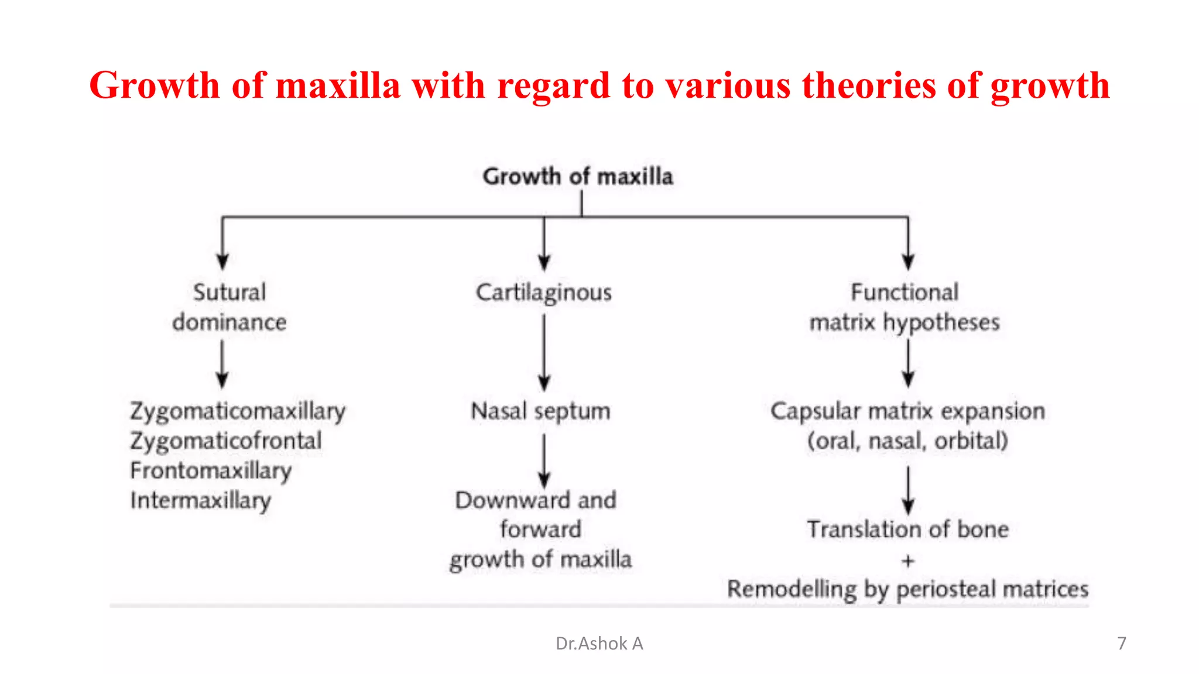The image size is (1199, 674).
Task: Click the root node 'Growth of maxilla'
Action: click(x=578, y=176)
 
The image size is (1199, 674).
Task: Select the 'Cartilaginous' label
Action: click(x=543, y=293)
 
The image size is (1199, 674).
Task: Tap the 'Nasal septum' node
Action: click(x=540, y=411)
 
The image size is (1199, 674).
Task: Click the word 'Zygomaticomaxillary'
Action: click(x=238, y=411)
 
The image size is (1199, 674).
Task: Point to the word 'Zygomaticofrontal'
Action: click(x=226, y=441)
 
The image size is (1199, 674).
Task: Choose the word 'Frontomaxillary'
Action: click(x=211, y=471)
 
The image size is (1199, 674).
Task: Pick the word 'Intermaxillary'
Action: click(x=201, y=501)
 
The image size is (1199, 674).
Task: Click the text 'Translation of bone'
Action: click(x=907, y=529)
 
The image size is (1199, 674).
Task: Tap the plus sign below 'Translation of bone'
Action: click(x=907, y=561)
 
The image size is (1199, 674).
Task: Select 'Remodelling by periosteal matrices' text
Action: click(x=907, y=589)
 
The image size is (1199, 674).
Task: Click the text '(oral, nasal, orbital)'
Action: click(x=907, y=441)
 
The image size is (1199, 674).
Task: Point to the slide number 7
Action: click(x=1121, y=644)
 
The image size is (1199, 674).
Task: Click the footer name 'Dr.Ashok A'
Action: click(x=599, y=644)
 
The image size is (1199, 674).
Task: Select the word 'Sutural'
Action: click(x=229, y=293)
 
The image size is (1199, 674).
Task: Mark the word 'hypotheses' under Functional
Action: click(x=941, y=323)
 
